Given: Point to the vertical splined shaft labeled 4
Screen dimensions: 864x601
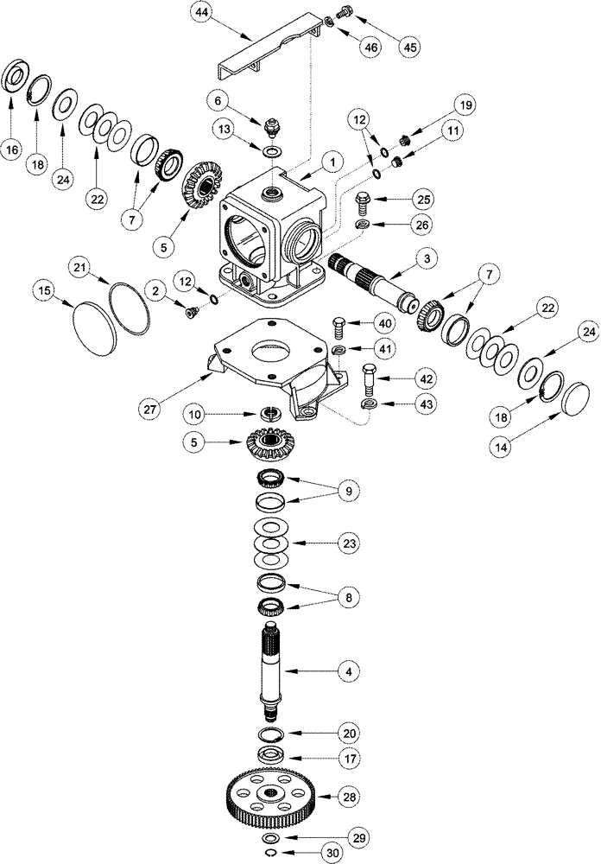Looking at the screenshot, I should point(274,670).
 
